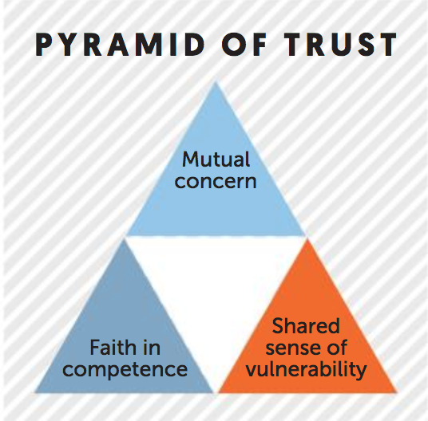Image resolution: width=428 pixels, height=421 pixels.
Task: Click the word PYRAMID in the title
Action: coord(120,45)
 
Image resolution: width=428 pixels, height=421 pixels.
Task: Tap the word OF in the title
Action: coord(244,45)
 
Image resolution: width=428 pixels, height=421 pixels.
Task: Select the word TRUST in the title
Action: coord(340,45)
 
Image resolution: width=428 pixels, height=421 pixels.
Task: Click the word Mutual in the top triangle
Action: coord(216,159)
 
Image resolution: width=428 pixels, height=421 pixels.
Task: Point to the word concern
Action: coord(216,182)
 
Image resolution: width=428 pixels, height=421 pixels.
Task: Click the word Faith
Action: coord(110,348)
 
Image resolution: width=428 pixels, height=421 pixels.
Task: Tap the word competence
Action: coord(125,370)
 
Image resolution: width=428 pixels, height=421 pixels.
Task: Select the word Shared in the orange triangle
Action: coord(306,325)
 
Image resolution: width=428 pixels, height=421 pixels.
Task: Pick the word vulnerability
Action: coord(306,370)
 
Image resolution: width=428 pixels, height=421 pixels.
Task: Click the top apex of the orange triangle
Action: coord(307,238)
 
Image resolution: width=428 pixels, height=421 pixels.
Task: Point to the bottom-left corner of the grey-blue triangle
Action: coord(35,392)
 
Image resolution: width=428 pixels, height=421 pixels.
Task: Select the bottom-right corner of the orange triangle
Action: coord(397,392)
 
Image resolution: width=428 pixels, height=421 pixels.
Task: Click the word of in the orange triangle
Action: coord(336,348)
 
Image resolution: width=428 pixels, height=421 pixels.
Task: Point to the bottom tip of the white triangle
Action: coord(216,392)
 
